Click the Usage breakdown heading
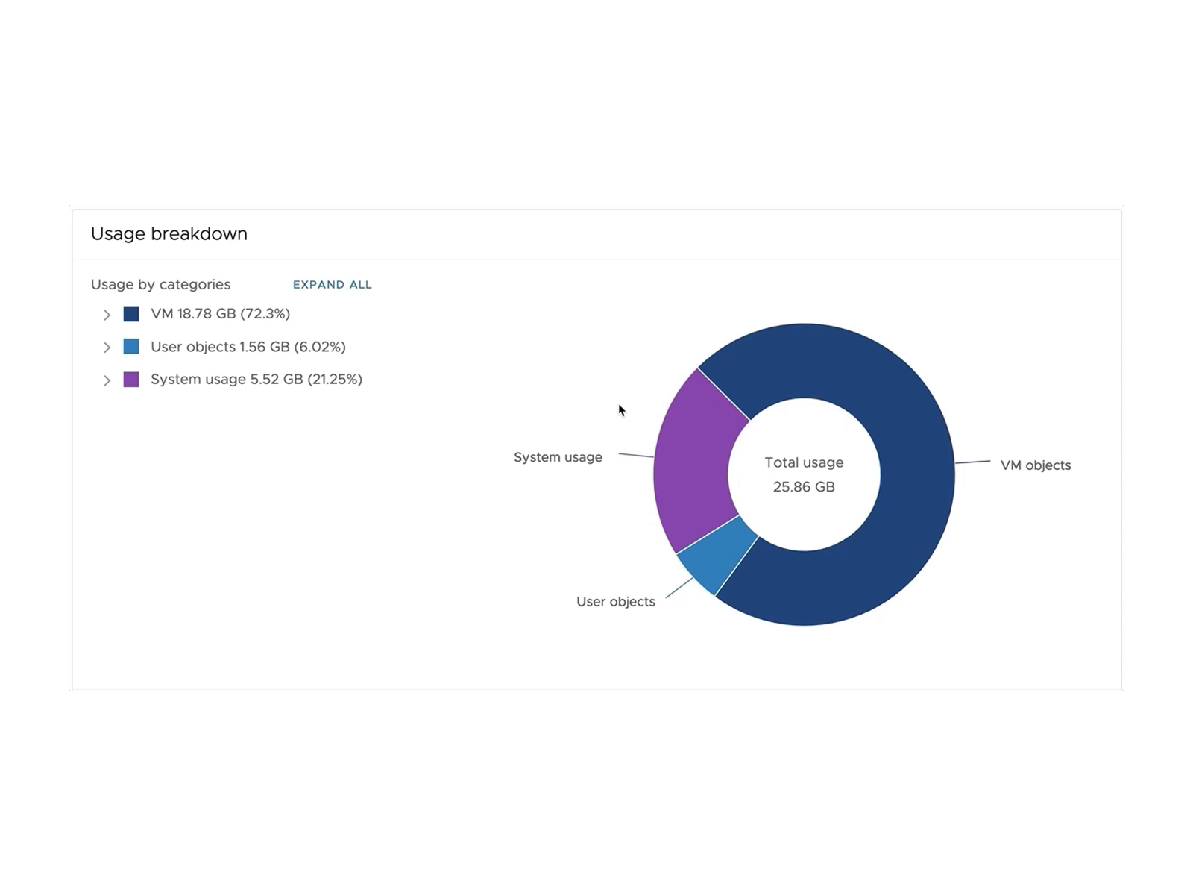(x=169, y=234)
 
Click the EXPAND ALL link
(x=332, y=285)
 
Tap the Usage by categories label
(x=160, y=285)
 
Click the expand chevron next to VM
(x=107, y=315)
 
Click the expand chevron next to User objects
(x=107, y=348)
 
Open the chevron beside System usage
(x=107, y=380)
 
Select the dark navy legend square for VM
(x=131, y=314)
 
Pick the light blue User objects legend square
(x=131, y=347)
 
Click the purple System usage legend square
(x=131, y=380)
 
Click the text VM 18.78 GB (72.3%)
(x=220, y=314)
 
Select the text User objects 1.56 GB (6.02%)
(x=248, y=347)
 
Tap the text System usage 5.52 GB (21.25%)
(x=256, y=380)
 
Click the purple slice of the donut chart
(x=693, y=462)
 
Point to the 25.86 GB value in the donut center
(x=804, y=487)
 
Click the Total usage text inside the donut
(x=804, y=462)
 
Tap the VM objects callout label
(x=1035, y=465)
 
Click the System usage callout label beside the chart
(x=558, y=457)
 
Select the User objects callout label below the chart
(x=615, y=602)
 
